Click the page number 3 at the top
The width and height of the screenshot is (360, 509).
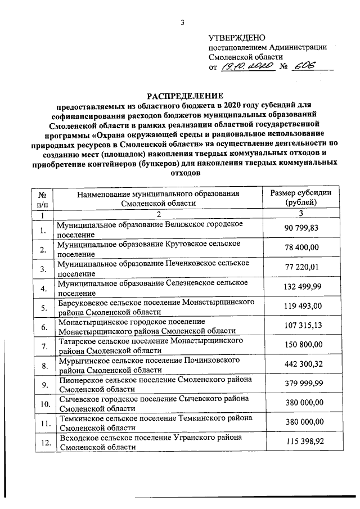point(182,23)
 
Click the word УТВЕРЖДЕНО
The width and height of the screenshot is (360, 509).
point(233,38)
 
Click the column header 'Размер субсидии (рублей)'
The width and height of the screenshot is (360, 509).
point(301,198)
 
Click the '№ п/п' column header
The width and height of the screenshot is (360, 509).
point(42,198)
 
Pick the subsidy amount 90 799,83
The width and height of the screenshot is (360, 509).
point(301,228)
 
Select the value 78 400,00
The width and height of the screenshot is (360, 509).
point(301,247)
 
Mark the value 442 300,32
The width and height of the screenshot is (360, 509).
point(301,364)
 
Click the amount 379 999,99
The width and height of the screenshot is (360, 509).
point(301,384)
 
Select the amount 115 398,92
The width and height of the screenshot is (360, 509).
point(301,442)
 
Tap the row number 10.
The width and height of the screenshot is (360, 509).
point(42,404)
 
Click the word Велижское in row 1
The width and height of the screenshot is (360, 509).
point(186,224)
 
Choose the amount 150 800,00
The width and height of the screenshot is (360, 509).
point(301,345)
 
